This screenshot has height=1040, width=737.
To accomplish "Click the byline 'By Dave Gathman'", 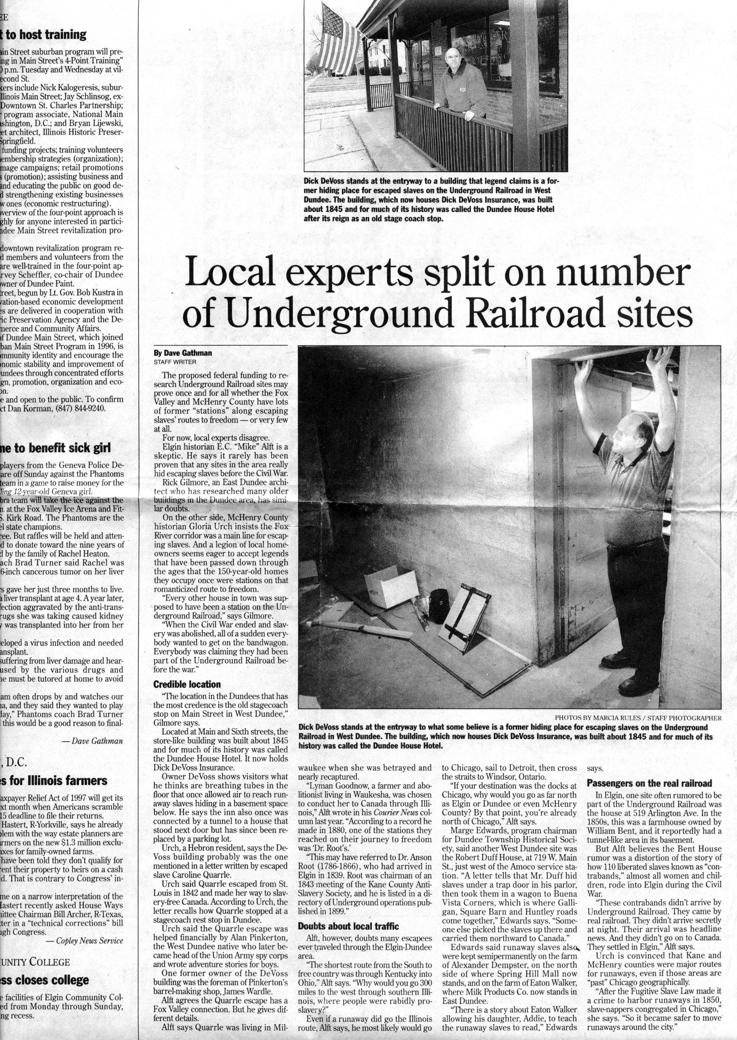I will tap(183, 353).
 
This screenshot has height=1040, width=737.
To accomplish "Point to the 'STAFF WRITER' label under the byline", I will tap(175, 362).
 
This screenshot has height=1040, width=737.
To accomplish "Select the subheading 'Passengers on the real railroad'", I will tap(649, 783).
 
